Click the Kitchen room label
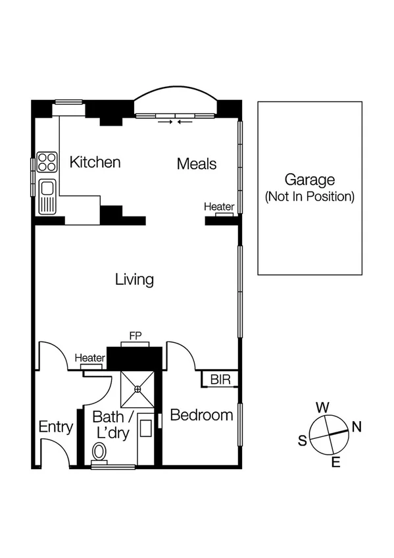pyautogui.click(x=95, y=163)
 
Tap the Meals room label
pyautogui.click(x=196, y=164)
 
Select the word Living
pyautogui.click(x=134, y=280)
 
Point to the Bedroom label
pyautogui.click(x=201, y=415)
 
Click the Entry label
pyautogui.click(x=55, y=427)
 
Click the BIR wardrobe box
pyautogui.click(x=219, y=380)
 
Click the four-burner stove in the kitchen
pyautogui.click(x=47, y=162)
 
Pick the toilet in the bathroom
pyautogui.click(x=100, y=451)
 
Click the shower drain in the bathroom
pyautogui.click(x=138, y=389)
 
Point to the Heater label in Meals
pyautogui.click(x=218, y=207)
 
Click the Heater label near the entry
pyautogui.click(x=90, y=358)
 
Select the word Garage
pyautogui.click(x=309, y=180)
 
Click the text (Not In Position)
pyautogui.click(x=309, y=196)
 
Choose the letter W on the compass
pyautogui.click(x=322, y=407)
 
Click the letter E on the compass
pyautogui.click(x=335, y=463)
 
